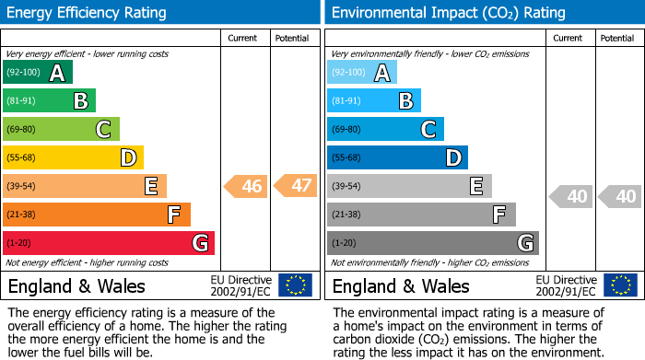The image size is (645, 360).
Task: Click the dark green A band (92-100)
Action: (x=37, y=73)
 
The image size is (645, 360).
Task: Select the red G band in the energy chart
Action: (x=108, y=243)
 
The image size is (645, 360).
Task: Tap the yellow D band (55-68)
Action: (x=73, y=157)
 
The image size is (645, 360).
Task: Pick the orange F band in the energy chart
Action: (x=96, y=215)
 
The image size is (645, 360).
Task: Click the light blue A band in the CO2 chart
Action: (x=361, y=73)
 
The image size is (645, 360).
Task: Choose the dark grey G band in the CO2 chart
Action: (x=431, y=243)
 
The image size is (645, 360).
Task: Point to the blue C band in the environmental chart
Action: (x=385, y=129)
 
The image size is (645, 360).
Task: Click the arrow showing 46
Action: (x=246, y=186)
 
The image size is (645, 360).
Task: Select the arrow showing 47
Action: (x=296, y=186)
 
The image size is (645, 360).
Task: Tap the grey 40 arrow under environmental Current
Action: (x=570, y=196)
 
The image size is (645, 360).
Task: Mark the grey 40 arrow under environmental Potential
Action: (x=619, y=196)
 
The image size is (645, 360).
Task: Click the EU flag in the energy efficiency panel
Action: (x=295, y=285)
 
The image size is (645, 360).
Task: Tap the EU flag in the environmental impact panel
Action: (x=619, y=285)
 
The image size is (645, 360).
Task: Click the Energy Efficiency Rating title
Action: (x=88, y=13)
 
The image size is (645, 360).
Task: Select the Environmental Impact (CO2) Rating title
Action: (x=448, y=13)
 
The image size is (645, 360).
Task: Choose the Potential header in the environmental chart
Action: (x=617, y=38)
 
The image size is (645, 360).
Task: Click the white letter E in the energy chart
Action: (x=150, y=186)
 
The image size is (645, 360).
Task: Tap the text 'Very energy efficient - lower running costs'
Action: (x=88, y=54)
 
